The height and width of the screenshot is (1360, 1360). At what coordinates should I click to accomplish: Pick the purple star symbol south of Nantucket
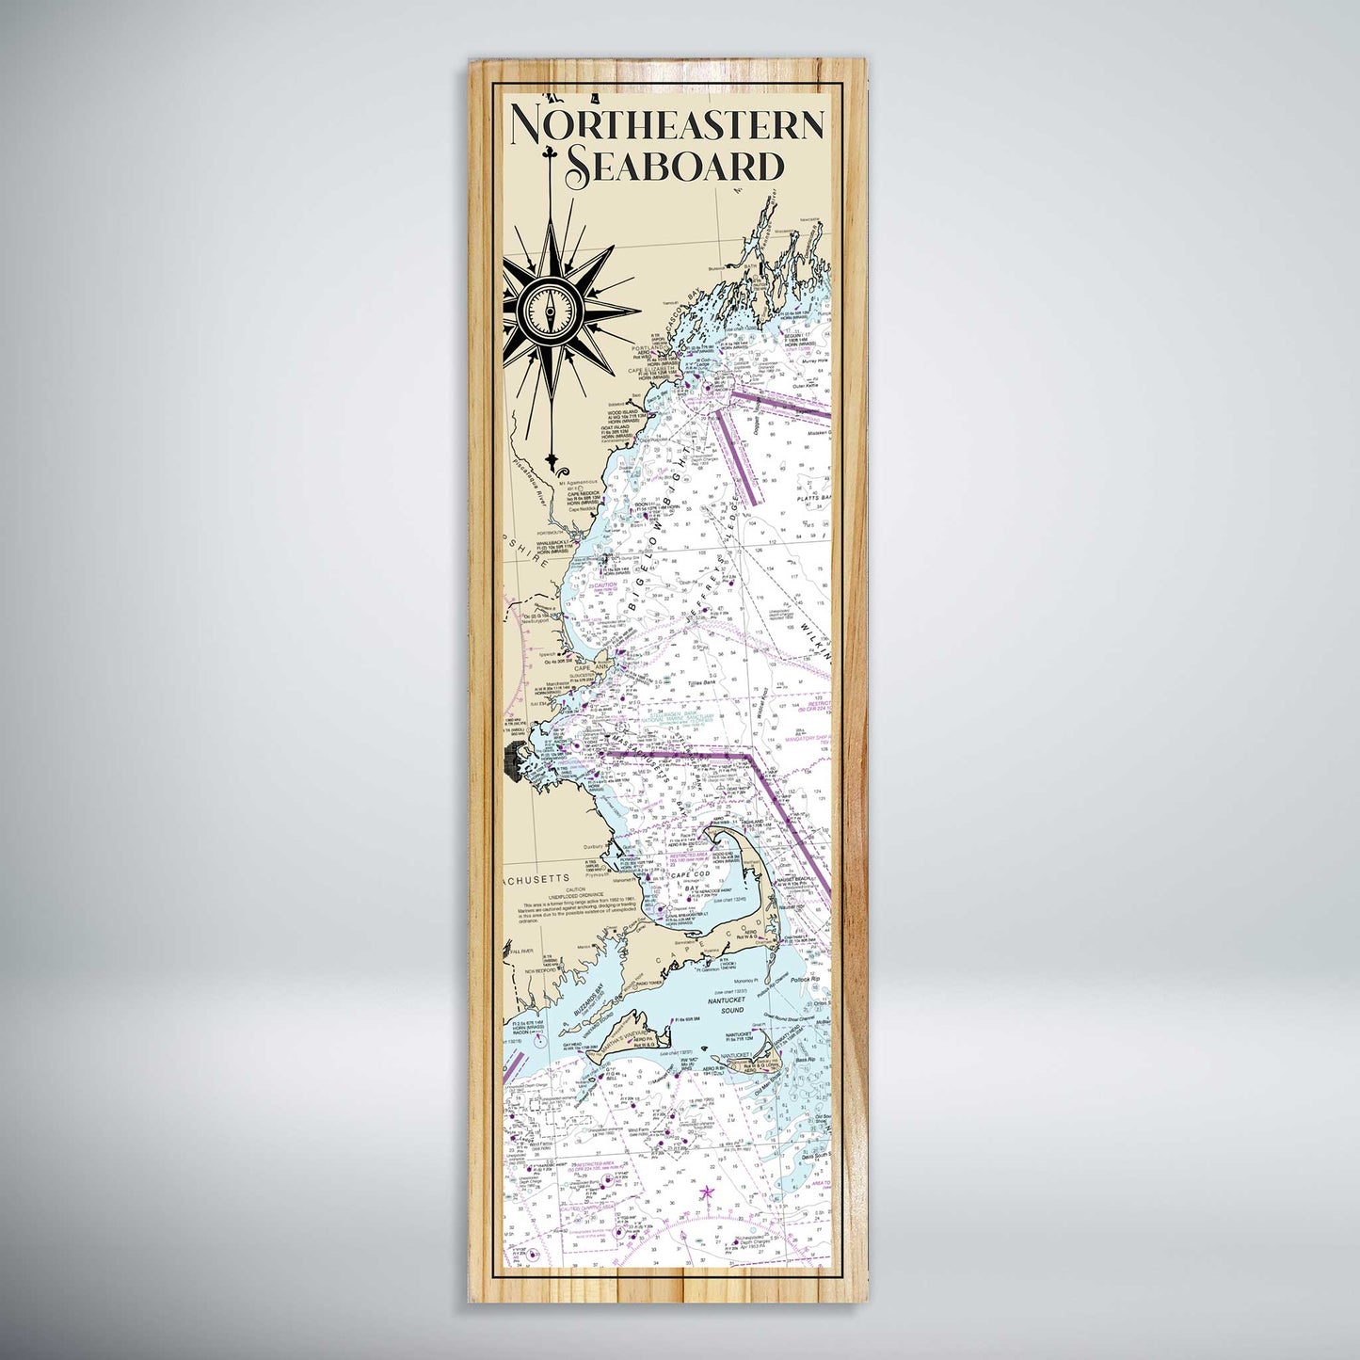pos(707,1192)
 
